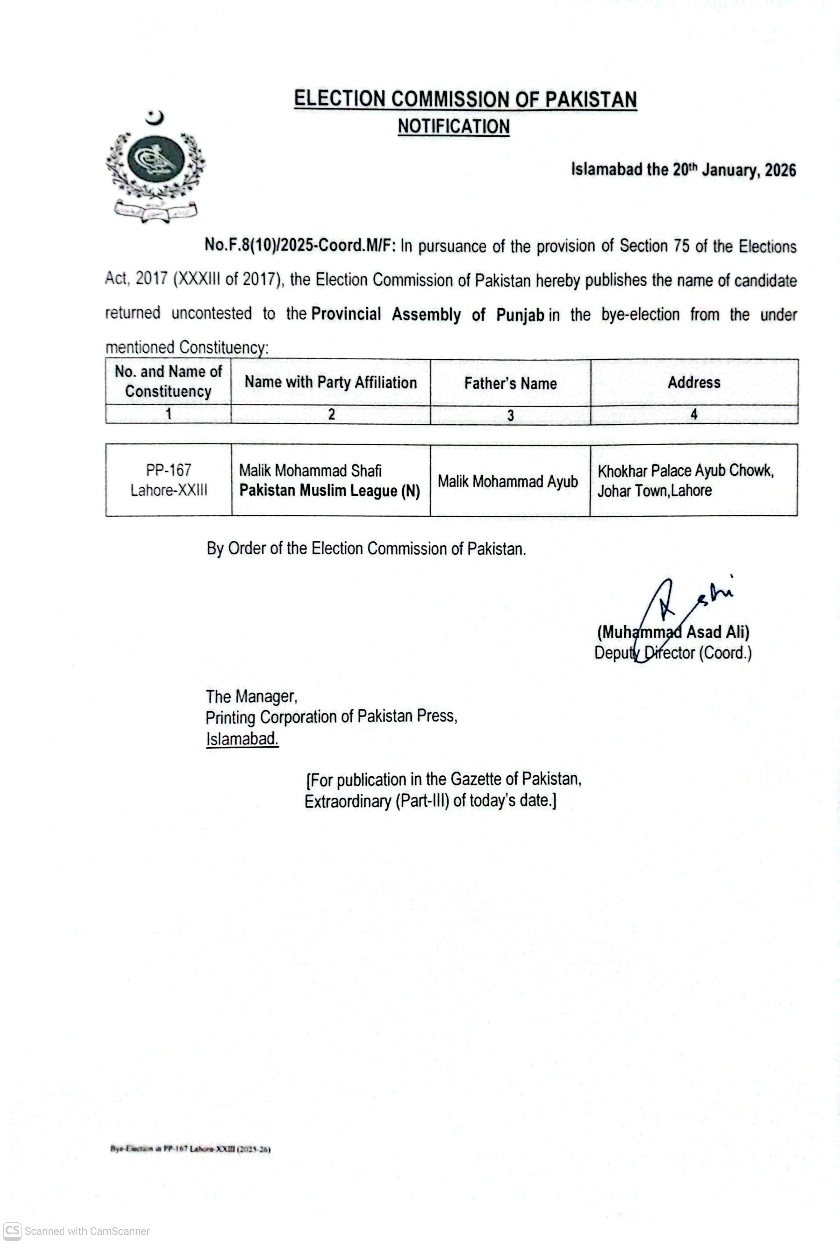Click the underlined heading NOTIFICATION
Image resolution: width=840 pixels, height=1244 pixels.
point(453,127)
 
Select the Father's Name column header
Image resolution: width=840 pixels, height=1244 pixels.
point(510,383)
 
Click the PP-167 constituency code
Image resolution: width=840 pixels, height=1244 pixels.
point(168,470)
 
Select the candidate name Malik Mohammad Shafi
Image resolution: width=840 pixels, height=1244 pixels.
point(310,470)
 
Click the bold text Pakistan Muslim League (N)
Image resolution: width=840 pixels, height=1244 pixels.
point(329,490)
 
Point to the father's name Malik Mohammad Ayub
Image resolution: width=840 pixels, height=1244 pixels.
point(508,481)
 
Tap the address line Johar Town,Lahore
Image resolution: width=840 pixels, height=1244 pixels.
point(654,490)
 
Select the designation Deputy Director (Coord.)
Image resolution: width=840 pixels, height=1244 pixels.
point(673,653)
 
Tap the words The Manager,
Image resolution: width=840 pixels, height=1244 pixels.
point(251,696)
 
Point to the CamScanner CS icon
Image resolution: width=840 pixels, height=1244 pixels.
point(12,1231)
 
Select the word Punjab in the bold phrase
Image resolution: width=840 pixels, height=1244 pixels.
point(520,314)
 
